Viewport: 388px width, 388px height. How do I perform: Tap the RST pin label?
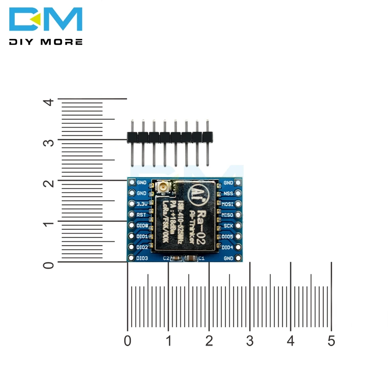(x=141, y=215)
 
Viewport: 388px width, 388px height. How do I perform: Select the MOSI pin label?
(x=227, y=204)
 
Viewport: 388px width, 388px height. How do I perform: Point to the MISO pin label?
(x=227, y=215)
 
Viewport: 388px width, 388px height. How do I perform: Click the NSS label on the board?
(x=228, y=193)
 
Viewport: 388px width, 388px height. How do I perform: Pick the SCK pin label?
(x=228, y=225)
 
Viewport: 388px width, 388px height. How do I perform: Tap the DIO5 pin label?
(x=227, y=236)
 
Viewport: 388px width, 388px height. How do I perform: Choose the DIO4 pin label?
(x=227, y=247)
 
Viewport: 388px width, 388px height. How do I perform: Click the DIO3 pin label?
(x=142, y=258)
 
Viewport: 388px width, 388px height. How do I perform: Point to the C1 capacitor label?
(x=201, y=258)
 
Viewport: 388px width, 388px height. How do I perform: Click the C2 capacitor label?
(x=166, y=258)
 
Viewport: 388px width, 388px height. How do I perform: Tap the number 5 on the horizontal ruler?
(x=331, y=341)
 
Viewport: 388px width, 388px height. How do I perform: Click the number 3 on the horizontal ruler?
(x=250, y=341)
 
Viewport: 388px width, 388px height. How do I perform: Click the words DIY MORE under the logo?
(x=46, y=42)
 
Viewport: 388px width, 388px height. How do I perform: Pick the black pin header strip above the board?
(x=170, y=137)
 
